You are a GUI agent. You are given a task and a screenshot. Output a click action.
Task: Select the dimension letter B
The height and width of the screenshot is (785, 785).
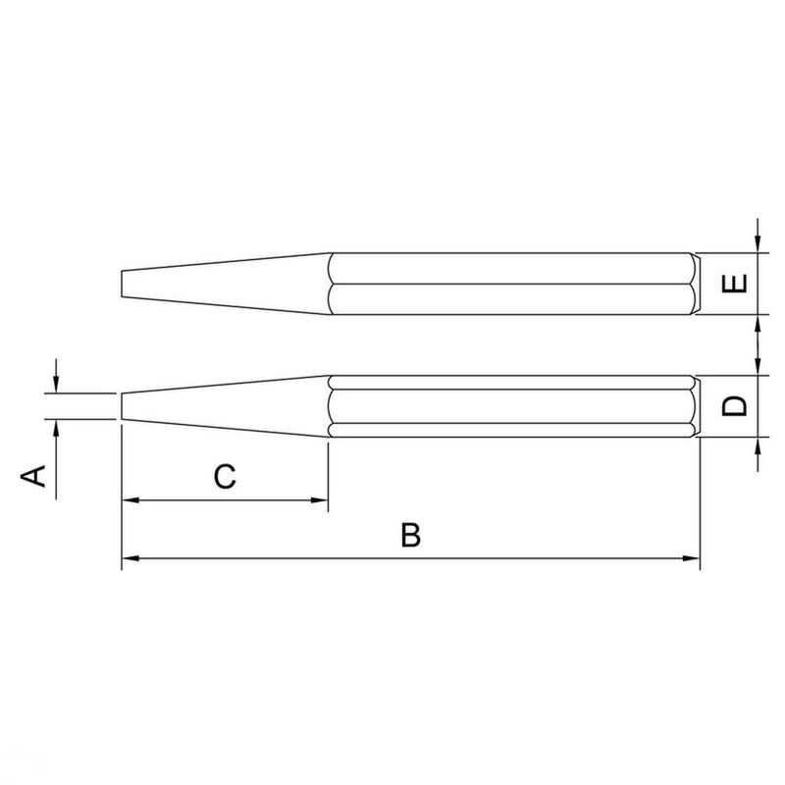pos(411,536)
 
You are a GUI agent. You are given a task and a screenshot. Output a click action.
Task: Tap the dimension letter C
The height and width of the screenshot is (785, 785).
pos(225,477)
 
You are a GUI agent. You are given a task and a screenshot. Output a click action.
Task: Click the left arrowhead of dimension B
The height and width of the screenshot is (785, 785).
pos(128,559)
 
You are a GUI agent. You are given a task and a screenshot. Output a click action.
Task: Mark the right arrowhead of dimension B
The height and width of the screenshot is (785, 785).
pos(695,559)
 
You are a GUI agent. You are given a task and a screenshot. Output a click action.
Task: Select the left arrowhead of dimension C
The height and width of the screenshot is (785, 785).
pos(128,500)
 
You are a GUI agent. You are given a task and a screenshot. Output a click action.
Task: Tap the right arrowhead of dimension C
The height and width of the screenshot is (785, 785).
pos(320,500)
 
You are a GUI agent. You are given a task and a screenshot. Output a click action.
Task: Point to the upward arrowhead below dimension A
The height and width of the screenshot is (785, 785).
pos(57,428)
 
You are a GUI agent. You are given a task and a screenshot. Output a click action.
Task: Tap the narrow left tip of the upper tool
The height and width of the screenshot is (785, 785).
pos(123,284)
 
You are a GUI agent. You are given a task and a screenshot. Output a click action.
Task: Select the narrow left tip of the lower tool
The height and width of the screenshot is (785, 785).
pos(123,406)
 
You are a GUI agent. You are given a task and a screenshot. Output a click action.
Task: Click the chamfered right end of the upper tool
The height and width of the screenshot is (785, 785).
pos(696,284)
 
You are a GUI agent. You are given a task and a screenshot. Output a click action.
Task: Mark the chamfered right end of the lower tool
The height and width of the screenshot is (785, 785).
pos(696,406)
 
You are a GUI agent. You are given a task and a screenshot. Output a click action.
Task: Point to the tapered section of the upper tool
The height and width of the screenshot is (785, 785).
pos(226,284)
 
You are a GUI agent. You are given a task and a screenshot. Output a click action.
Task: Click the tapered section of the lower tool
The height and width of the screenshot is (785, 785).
pos(226,406)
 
